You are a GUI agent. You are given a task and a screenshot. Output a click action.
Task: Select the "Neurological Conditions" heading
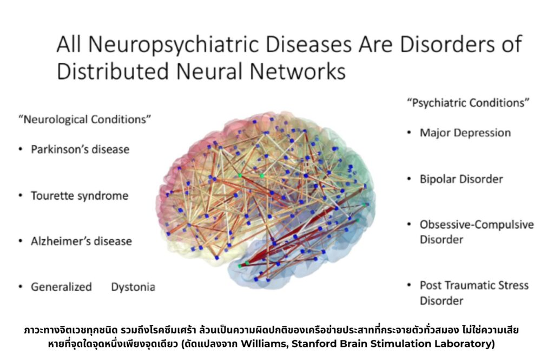[x=85, y=120]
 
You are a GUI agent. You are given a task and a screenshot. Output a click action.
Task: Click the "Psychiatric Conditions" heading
[x=468, y=103]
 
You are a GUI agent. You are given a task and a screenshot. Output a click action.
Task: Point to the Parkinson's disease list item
[x=80, y=149]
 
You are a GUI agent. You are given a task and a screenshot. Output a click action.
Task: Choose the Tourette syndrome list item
[x=80, y=195]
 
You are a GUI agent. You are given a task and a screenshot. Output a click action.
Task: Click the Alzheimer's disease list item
[x=81, y=241]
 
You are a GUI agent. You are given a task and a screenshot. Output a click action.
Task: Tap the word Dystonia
[x=133, y=287]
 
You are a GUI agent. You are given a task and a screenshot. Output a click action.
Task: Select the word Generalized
[x=61, y=287]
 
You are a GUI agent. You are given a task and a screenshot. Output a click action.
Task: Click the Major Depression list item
[x=465, y=133]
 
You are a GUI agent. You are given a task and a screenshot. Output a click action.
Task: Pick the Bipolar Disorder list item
[x=461, y=179]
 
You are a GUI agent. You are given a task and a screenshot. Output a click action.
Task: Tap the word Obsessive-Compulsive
[x=477, y=225]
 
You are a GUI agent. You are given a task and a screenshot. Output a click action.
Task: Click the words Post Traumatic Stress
[x=474, y=285]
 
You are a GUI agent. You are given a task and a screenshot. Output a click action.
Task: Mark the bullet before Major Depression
[x=409, y=133]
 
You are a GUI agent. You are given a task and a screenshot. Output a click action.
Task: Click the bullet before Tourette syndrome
[x=21, y=195]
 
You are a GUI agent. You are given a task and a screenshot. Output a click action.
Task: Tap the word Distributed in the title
[x=113, y=71]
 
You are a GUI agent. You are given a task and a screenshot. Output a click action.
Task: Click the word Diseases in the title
[x=308, y=44]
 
